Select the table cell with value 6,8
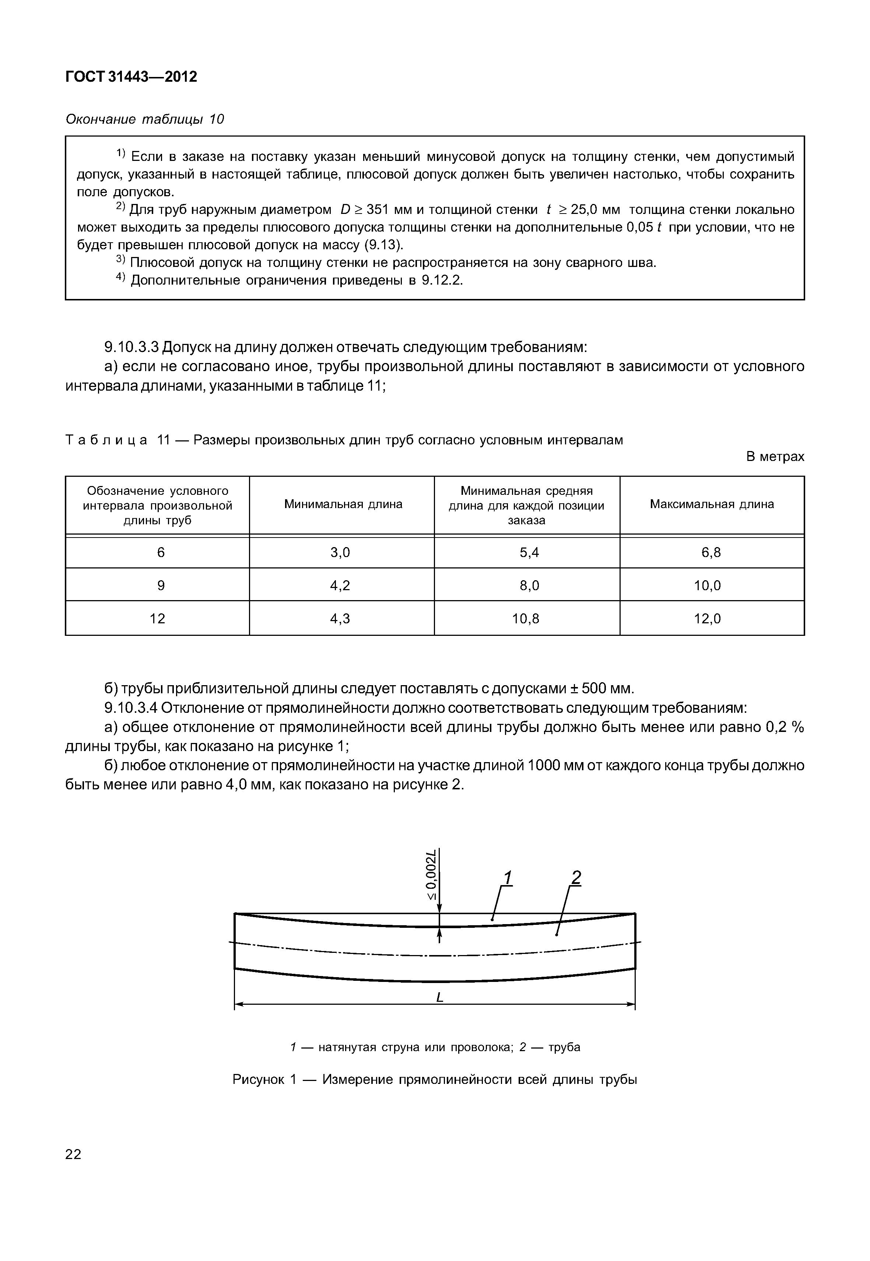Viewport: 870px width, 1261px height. (x=711, y=553)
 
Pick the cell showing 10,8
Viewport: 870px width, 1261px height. (x=526, y=619)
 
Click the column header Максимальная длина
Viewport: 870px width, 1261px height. (x=711, y=504)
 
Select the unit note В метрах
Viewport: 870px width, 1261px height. (x=775, y=457)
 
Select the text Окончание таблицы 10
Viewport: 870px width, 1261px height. (x=144, y=119)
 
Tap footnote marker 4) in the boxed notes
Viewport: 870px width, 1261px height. (x=120, y=279)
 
